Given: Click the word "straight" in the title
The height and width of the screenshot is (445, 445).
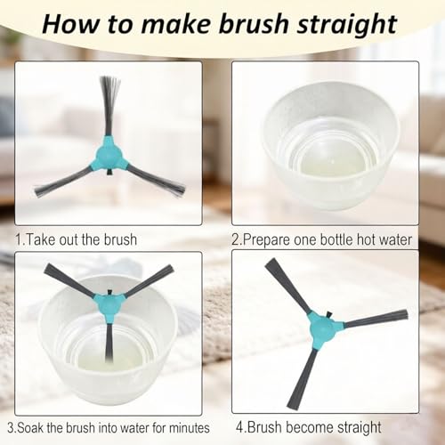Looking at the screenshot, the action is click(347, 25).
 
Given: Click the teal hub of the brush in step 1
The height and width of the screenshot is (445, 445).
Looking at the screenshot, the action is click(109, 154).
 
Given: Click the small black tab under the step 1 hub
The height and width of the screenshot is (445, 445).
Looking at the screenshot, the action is click(109, 172).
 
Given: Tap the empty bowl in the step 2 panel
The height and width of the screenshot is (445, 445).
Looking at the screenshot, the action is click(331, 145).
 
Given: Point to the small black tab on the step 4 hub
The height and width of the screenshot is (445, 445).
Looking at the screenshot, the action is click(328, 314).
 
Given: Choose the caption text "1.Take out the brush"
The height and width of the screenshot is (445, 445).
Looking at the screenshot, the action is click(77, 239).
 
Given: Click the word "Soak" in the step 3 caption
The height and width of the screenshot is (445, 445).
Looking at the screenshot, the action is click(30, 428).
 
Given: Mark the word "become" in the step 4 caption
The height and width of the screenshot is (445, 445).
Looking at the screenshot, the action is click(309, 427).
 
